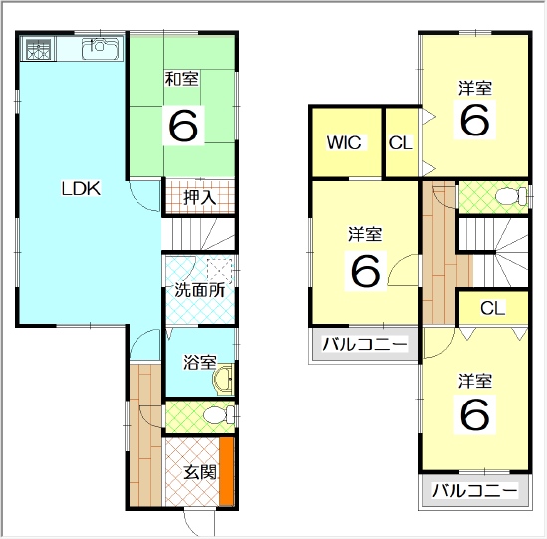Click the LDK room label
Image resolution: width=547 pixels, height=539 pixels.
[x=81, y=188]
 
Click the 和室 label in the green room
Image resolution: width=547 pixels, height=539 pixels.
[x=182, y=79]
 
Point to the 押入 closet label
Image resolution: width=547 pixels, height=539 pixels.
[x=200, y=198]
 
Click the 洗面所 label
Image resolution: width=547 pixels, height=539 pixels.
[x=200, y=289]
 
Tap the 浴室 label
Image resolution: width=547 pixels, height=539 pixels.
[x=200, y=362]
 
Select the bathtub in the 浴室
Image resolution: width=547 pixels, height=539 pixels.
[x=223, y=380]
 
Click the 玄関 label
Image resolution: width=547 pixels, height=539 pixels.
[x=200, y=472]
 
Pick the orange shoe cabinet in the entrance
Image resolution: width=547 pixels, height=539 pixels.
[x=227, y=471]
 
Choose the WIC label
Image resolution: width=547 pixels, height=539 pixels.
[x=344, y=142]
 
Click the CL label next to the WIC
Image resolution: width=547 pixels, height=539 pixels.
[x=401, y=142]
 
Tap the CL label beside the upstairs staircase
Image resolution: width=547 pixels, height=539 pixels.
[x=492, y=308]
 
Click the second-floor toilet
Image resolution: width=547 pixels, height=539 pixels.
[x=511, y=196]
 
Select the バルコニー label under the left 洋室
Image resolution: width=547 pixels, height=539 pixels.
[x=365, y=344]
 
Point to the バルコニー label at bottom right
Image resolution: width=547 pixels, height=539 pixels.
[x=475, y=490]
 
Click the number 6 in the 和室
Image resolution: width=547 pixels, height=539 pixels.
[x=183, y=126]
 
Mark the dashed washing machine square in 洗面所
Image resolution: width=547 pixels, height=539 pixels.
[x=220, y=271]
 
